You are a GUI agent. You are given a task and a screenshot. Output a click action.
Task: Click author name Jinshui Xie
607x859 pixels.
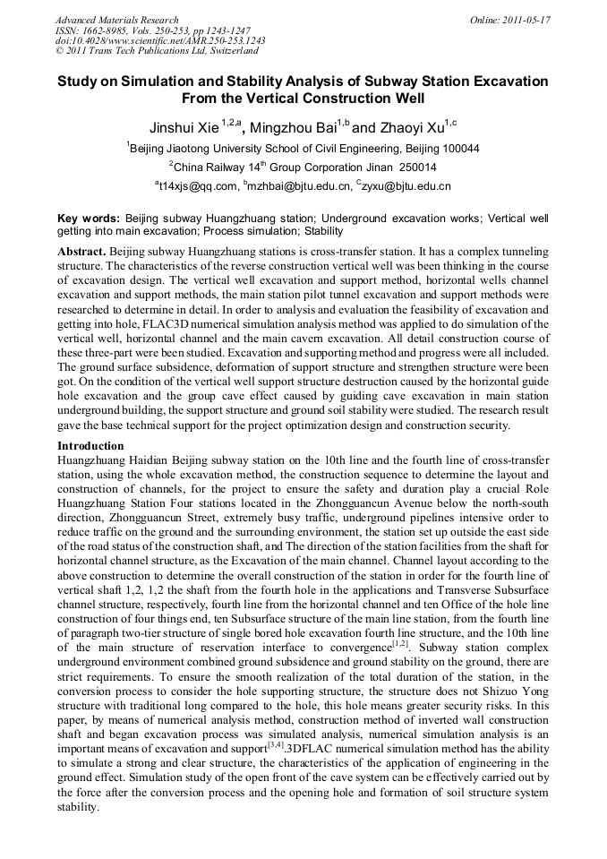tap(183, 127)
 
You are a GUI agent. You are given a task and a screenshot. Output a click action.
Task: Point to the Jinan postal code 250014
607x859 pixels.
tap(415, 167)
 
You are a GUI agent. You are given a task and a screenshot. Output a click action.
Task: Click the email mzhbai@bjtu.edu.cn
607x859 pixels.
tap(300, 186)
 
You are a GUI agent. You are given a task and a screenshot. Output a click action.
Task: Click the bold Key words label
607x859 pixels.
tap(88, 218)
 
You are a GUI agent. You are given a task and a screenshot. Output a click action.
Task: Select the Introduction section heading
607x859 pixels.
tap(90, 445)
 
